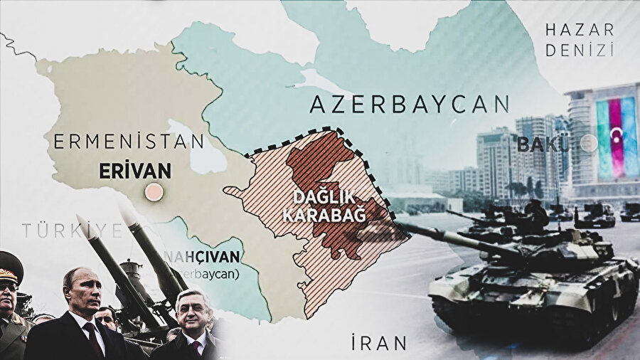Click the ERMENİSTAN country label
click(x=128, y=141)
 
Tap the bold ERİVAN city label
click(x=134, y=171)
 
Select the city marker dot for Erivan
click(x=152, y=191)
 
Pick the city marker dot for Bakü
click(x=588, y=143)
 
